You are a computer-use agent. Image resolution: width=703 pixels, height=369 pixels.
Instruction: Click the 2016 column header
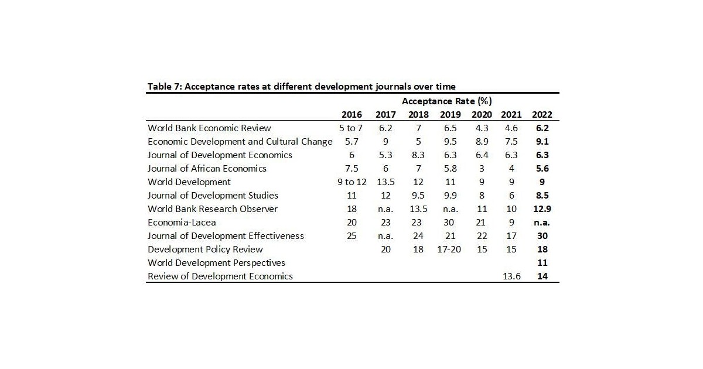click(x=351, y=115)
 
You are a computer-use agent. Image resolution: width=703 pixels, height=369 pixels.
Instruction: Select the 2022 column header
click(x=542, y=115)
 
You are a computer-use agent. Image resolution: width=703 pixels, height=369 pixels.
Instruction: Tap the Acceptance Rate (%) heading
click(x=446, y=101)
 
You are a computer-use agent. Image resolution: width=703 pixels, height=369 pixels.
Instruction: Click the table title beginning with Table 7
click(x=301, y=87)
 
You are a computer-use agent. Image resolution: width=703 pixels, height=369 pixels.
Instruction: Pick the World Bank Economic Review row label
click(x=209, y=128)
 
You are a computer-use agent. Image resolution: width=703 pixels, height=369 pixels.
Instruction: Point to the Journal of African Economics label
click(x=207, y=168)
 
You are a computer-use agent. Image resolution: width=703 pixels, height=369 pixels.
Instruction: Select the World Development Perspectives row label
click(x=216, y=262)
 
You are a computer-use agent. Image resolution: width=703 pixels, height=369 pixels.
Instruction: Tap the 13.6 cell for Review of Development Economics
click(x=511, y=276)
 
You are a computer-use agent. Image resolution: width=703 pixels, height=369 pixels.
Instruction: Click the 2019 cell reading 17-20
click(x=450, y=249)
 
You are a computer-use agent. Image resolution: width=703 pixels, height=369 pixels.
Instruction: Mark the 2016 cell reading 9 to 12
click(x=351, y=182)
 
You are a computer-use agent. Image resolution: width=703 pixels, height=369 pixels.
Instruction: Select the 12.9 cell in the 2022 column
click(x=542, y=209)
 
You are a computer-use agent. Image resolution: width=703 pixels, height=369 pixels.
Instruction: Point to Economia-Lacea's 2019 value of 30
click(x=450, y=222)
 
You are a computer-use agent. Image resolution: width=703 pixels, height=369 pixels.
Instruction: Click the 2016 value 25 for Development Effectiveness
click(x=351, y=235)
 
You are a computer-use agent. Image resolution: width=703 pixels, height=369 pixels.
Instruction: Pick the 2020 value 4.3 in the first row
click(x=481, y=128)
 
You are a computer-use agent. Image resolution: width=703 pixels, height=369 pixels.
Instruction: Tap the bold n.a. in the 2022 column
click(x=542, y=222)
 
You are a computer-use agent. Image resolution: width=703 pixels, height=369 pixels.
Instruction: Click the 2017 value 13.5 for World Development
click(x=385, y=182)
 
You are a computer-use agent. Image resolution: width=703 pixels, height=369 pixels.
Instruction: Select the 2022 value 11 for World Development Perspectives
click(x=542, y=262)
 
